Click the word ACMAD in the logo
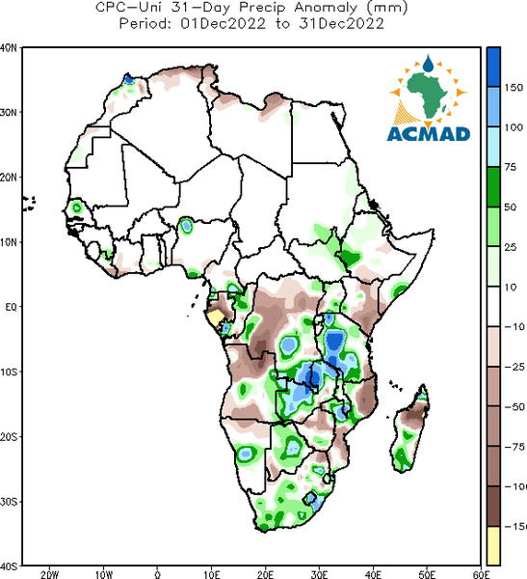[x=429, y=134]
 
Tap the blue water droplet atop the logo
[x=428, y=63]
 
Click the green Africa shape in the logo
[x=428, y=95]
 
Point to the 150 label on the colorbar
[x=514, y=88]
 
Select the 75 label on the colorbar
[x=511, y=167]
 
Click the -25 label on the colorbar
[x=514, y=367]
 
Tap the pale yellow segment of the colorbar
[x=493, y=545]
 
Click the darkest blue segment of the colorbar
[x=493, y=68]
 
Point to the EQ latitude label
[x=11, y=307]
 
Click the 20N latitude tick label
[x=9, y=178]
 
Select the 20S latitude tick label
[x=9, y=437]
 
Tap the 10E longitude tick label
[x=212, y=574]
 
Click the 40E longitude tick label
[x=373, y=574]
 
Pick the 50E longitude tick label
[x=427, y=574]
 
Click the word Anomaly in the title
[x=326, y=8]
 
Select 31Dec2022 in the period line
[x=341, y=24]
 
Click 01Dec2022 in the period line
[x=223, y=24]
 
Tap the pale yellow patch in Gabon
[x=215, y=317]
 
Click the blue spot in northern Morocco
[x=128, y=79]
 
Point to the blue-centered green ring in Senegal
[x=76, y=207]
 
